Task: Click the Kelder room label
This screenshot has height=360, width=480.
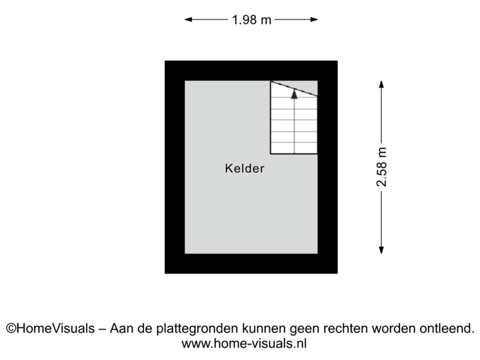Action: coord(245,169)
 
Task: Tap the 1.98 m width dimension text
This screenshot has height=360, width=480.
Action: coord(251,20)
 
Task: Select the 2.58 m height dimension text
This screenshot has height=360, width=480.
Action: coord(381,167)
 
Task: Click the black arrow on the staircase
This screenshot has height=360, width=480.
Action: coord(294,94)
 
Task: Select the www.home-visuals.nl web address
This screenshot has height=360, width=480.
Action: coord(244,344)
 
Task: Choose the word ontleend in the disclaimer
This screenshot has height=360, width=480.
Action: coord(446,328)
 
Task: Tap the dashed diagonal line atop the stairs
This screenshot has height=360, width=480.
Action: coord(293,89)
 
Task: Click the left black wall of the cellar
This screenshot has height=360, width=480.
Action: coord(174,167)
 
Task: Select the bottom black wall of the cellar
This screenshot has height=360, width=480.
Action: coord(251,264)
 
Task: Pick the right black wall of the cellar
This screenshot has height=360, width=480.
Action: coord(327,167)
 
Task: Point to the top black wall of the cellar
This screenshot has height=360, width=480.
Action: coord(251,70)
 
